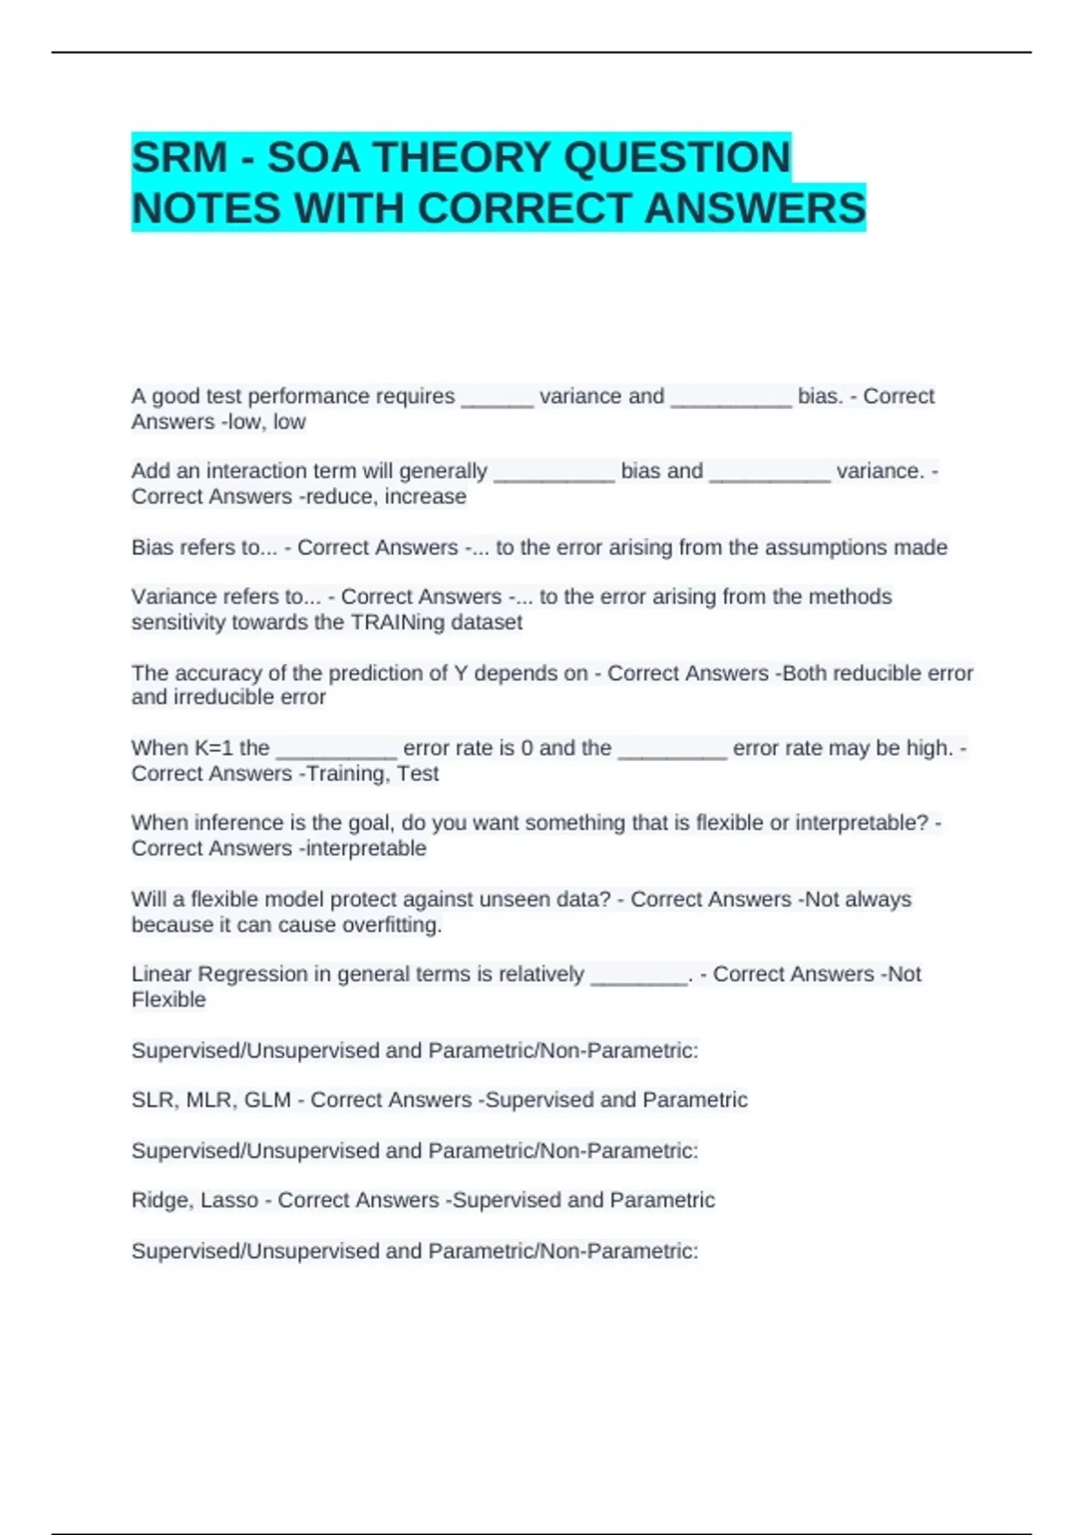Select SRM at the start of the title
coord(179,158)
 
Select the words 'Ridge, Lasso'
coord(194,1200)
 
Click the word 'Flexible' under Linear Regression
coord(168,1000)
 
